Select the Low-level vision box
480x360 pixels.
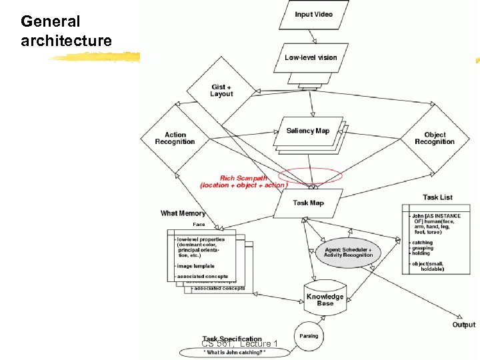tap(311, 58)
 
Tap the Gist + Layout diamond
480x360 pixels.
tap(221, 91)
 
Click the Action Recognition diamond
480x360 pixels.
tap(175, 138)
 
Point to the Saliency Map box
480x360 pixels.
tap(308, 131)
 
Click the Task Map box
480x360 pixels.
tap(308, 203)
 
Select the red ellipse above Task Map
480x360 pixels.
tap(311, 177)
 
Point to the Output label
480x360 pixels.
tap(464, 325)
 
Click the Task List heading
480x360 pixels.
tap(437, 197)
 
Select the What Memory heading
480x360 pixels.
tap(183, 213)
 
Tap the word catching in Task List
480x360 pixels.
tap(422, 243)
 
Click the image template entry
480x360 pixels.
tap(196, 266)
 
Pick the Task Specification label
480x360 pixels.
tap(232, 339)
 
